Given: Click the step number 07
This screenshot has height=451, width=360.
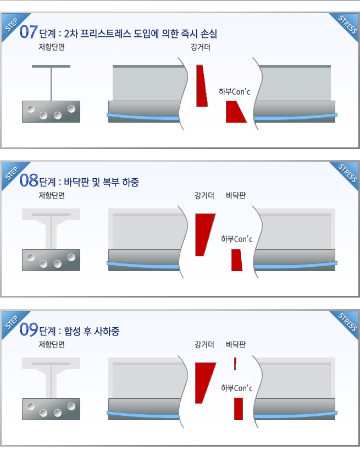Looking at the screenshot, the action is [x=29, y=32].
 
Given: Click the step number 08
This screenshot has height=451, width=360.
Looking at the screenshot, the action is [x=29, y=180].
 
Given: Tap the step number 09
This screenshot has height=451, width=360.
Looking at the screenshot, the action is [x=29, y=329].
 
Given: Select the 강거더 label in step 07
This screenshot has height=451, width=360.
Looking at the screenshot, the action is [x=201, y=47].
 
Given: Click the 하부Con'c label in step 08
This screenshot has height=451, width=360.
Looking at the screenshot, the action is [x=236, y=239].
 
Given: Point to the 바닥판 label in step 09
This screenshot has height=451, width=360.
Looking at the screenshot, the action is [x=236, y=344].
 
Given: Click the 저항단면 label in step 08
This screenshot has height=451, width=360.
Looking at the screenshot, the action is [x=52, y=196].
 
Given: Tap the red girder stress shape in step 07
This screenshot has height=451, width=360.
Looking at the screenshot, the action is [x=202, y=86].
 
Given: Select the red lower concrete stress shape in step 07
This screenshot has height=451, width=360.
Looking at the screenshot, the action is [x=236, y=112].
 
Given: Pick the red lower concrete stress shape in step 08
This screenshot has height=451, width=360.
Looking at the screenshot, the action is [x=237, y=260].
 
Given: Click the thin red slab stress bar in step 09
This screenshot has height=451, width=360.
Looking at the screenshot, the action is [x=235, y=364].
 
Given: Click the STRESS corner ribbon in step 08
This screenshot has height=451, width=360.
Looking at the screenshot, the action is [x=346, y=174].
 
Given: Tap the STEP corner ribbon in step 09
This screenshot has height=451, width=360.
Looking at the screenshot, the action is [x=14, y=323].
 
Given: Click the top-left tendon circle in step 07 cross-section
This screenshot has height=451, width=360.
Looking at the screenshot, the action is [x=31, y=109].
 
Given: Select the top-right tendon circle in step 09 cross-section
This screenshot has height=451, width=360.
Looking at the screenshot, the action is [x=71, y=406].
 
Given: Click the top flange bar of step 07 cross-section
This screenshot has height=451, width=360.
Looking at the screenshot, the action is [x=51, y=66].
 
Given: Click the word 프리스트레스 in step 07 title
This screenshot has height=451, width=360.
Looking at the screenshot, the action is [x=106, y=34].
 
